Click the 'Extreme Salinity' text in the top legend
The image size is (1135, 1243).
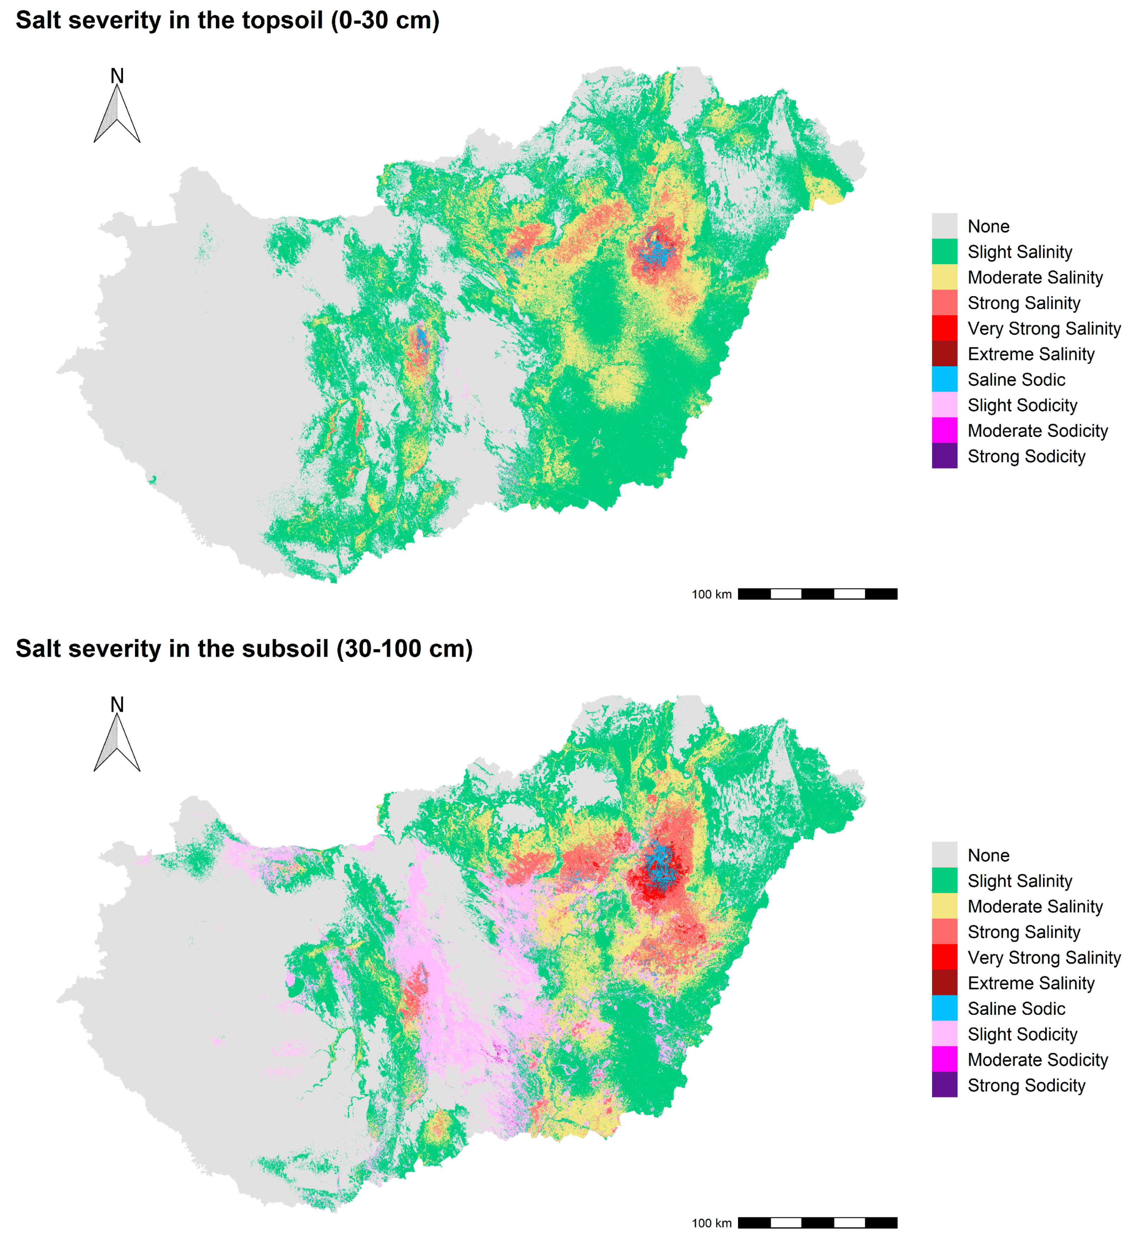tap(1031, 354)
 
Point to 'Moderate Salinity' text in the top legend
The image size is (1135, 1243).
tap(1035, 278)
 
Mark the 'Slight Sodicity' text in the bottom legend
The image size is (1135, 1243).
tap(1022, 1034)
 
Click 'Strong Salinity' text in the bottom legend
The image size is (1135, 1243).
tap(1023, 932)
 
